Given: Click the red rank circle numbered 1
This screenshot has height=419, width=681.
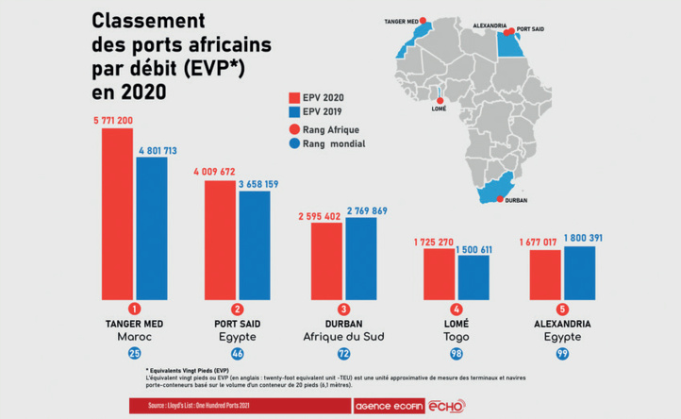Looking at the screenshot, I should [134, 309].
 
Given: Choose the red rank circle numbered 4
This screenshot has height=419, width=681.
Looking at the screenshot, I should [457, 309].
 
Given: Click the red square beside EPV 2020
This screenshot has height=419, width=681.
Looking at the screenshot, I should [293, 97].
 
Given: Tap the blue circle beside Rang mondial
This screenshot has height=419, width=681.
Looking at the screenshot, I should [293, 144].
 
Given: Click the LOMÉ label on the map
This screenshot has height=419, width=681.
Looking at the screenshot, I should [439, 109].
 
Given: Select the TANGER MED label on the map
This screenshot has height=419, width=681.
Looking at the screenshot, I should [400, 19].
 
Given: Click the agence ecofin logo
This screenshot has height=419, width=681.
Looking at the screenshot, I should [387, 405].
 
